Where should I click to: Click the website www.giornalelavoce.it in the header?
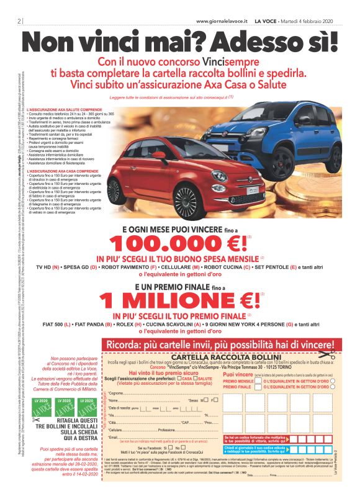point(222,21)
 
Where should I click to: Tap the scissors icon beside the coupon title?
point(333,356)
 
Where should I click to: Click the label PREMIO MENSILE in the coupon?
point(238,381)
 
